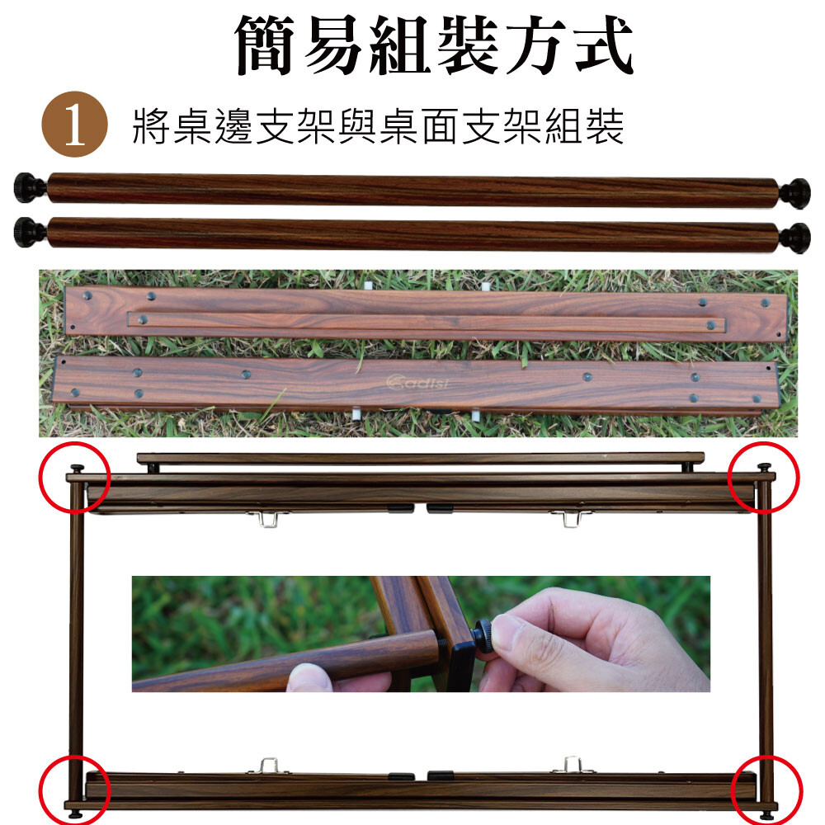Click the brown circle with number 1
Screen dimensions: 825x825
[x=74, y=125]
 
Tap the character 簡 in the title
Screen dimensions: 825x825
[x=264, y=45]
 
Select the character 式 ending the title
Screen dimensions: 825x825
[x=604, y=45]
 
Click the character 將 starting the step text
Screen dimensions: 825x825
[x=151, y=126]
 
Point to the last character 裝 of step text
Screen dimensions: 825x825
[x=605, y=126]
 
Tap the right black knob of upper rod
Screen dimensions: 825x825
[x=794, y=193]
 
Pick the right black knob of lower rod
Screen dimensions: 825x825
[x=794, y=238]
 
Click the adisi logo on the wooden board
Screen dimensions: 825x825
[x=417, y=383]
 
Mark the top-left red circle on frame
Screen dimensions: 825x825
[x=74, y=477]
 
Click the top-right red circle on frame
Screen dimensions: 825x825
[x=763, y=477]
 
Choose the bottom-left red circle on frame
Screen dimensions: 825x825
[x=74, y=790]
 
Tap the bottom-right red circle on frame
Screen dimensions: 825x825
[x=767, y=790]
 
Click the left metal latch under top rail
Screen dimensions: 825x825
[x=269, y=518]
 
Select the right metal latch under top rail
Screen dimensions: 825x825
[x=570, y=518]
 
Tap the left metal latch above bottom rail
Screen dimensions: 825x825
[x=269, y=766]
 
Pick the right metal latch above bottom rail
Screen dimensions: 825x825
[x=571, y=765]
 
